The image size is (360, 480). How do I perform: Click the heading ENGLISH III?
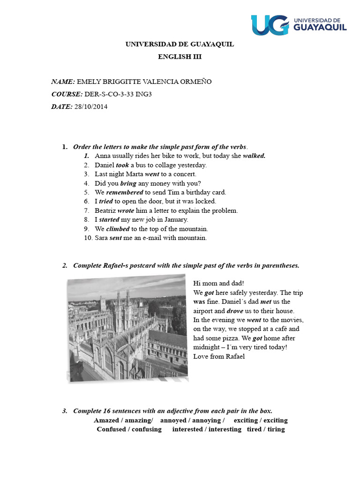180,57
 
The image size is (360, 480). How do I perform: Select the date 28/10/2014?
91,106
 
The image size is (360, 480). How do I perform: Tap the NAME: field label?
63,82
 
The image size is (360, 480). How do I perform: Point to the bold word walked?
254,156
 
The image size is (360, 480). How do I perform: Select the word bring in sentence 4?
128,183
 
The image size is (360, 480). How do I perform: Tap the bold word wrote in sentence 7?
126,210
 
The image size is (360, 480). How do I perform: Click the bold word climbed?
118,229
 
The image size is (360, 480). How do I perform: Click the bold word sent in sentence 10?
115,238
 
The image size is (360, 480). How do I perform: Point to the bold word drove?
235,311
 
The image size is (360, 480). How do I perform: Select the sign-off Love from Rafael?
219,356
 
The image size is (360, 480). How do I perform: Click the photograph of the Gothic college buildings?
127,329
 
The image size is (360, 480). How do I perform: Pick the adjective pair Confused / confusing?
129,429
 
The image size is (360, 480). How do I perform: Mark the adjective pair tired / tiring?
266,429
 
